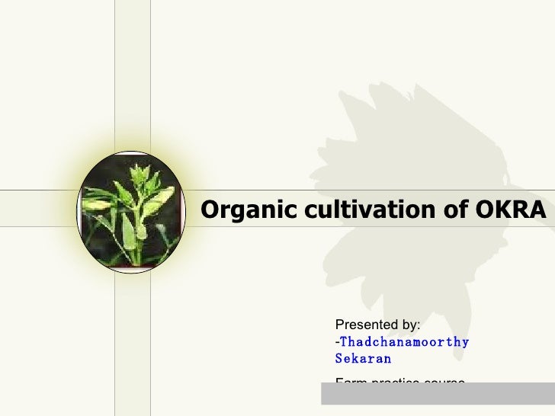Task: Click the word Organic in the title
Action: point(241,209)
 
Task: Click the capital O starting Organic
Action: point(209,209)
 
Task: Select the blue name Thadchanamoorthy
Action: point(405,342)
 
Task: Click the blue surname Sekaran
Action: point(363,358)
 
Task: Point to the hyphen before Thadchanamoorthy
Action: point(337,343)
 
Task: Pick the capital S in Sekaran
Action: point(339,358)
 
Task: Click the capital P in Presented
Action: point(340,326)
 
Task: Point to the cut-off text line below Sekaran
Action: point(399,379)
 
